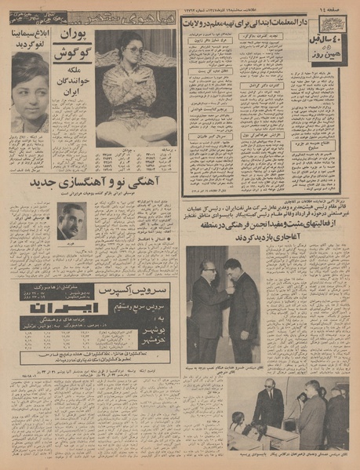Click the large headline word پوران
click(71, 38)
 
